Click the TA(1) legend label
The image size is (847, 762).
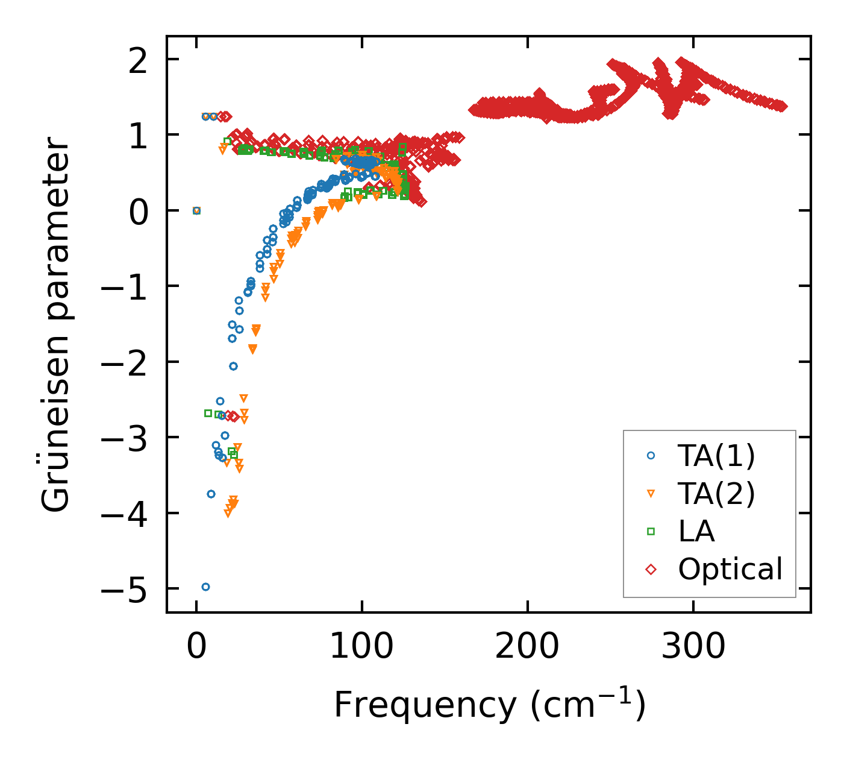click(716, 456)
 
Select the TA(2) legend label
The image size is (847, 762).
click(716, 494)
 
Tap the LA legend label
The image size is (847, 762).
click(696, 531)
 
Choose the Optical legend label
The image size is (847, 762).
click(730, 569)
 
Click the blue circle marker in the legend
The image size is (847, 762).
click(651, 456)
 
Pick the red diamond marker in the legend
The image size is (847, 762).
click(651, 569)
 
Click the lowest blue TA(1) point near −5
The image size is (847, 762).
click(205, 587)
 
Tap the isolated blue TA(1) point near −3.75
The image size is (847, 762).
click(211, 494)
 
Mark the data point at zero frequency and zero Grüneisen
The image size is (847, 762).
click(196, 210)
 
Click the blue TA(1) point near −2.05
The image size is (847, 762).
click(233, 366)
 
